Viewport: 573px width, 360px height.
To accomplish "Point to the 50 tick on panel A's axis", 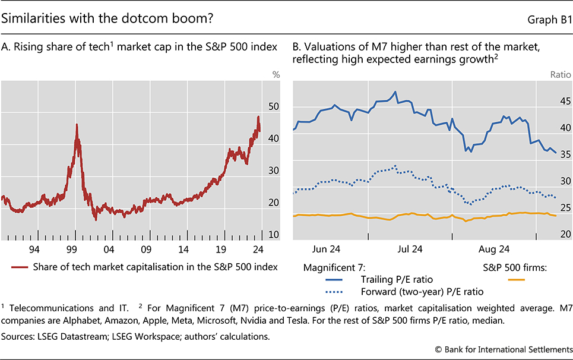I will (273, 106).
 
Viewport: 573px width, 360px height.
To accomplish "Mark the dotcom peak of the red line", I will (77, 124).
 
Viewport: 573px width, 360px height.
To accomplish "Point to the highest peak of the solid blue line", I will (395, 92).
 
